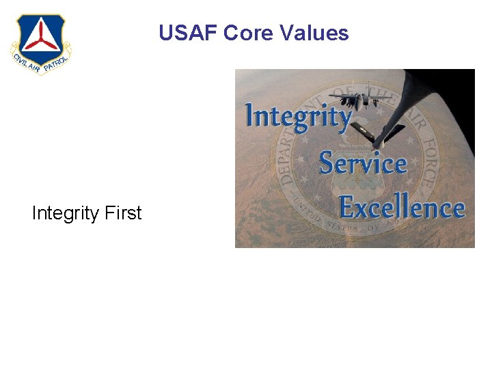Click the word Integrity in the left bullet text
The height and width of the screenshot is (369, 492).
click(x=66, y=213)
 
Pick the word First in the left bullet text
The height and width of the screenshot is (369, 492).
click(x=123, y=213)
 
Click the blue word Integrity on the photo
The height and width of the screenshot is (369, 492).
click(x=297, y=115)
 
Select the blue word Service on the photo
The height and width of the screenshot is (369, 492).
click(x=363, y=163)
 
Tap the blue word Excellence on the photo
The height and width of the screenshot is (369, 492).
click(x=402, y=207)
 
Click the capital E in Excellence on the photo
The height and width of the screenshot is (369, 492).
click(x=347, y=207)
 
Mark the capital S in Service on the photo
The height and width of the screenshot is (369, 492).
click(x=327, y=163)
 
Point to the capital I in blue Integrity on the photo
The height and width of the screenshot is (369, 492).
click(x=251, y=114)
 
